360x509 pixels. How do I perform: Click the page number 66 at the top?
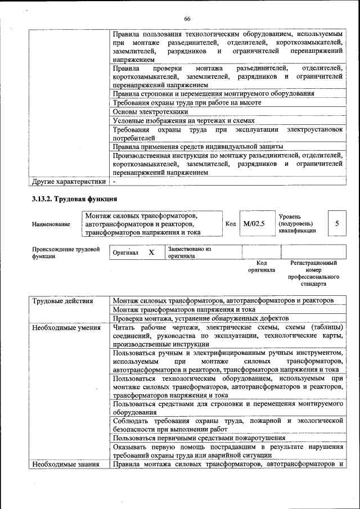(187, 19)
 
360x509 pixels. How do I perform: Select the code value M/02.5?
(254, 223)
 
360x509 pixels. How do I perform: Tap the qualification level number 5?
(337, 223)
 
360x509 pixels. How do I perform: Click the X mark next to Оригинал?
(151, 253)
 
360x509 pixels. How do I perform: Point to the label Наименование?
(51, 224)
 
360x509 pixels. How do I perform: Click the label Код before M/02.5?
(231, 223)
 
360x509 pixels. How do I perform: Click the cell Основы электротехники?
(150, 111)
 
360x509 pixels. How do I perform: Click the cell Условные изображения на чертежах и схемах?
(184, 120)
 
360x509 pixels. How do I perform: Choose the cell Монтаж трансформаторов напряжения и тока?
(184, 309)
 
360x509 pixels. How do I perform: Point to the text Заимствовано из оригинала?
(190, 252)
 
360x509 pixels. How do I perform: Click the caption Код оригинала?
(262, 266)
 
